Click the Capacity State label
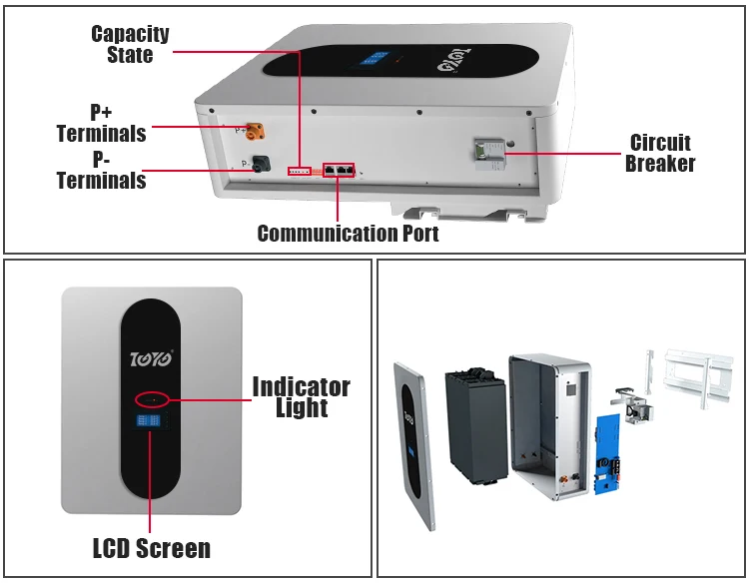[x=130, y=44]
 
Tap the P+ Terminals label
[x=101, y=123]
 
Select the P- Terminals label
[x=101, y=171]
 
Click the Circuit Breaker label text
[x=660, y=153]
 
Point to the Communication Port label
[x=348, y=234]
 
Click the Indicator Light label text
[x=301, y=396]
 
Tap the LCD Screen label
[x=152, y=548]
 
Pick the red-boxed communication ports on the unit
[x=339, y=170]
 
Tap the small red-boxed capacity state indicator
[x=300, y=172]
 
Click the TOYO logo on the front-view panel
[x=153, y=356]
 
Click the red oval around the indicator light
[x=153, y=400]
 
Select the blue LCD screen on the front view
[x=152, y=423]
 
